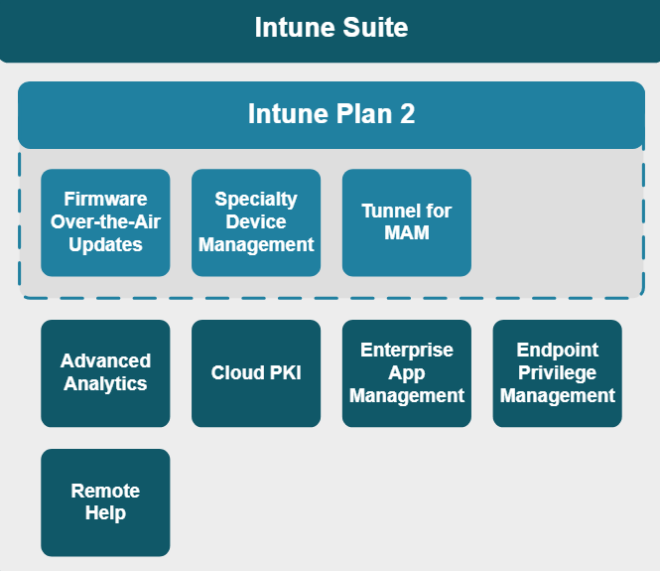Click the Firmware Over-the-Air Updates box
coord(105,222)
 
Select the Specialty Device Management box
coord(256,222)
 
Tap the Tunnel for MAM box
coord(407,222)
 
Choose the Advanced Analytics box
coord(105,373)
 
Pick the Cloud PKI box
coord(256,373)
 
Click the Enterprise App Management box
coord(407,373)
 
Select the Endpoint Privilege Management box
coord(558,373)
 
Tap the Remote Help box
coord(105,502)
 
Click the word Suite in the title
coord(375,28)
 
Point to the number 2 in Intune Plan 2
coord(408,113)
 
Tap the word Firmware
coord(105,200)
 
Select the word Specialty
coord(256,200)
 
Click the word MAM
coord(407,232)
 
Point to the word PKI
coord(286,372)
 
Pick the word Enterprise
coord(407,350)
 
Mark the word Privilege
coord(558,373)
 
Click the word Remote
coord(105,491)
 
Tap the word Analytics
coord(105,384)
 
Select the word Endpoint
coord(558,350)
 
